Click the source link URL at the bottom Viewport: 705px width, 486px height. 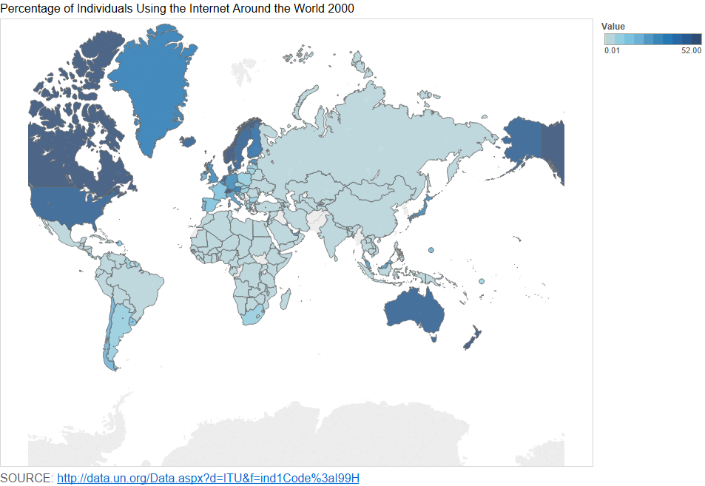point(208,478)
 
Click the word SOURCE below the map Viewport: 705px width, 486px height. point(26,478)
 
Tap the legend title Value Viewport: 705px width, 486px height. point(613,27)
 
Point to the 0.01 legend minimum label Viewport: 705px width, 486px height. point(612,50)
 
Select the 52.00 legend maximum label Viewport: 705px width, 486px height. point(691,50)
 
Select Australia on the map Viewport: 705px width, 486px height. point(414,311)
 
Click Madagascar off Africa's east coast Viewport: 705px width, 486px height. point(286,297)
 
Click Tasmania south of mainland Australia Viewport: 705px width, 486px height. point(434,338)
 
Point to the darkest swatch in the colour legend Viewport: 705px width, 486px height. point(696,39)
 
